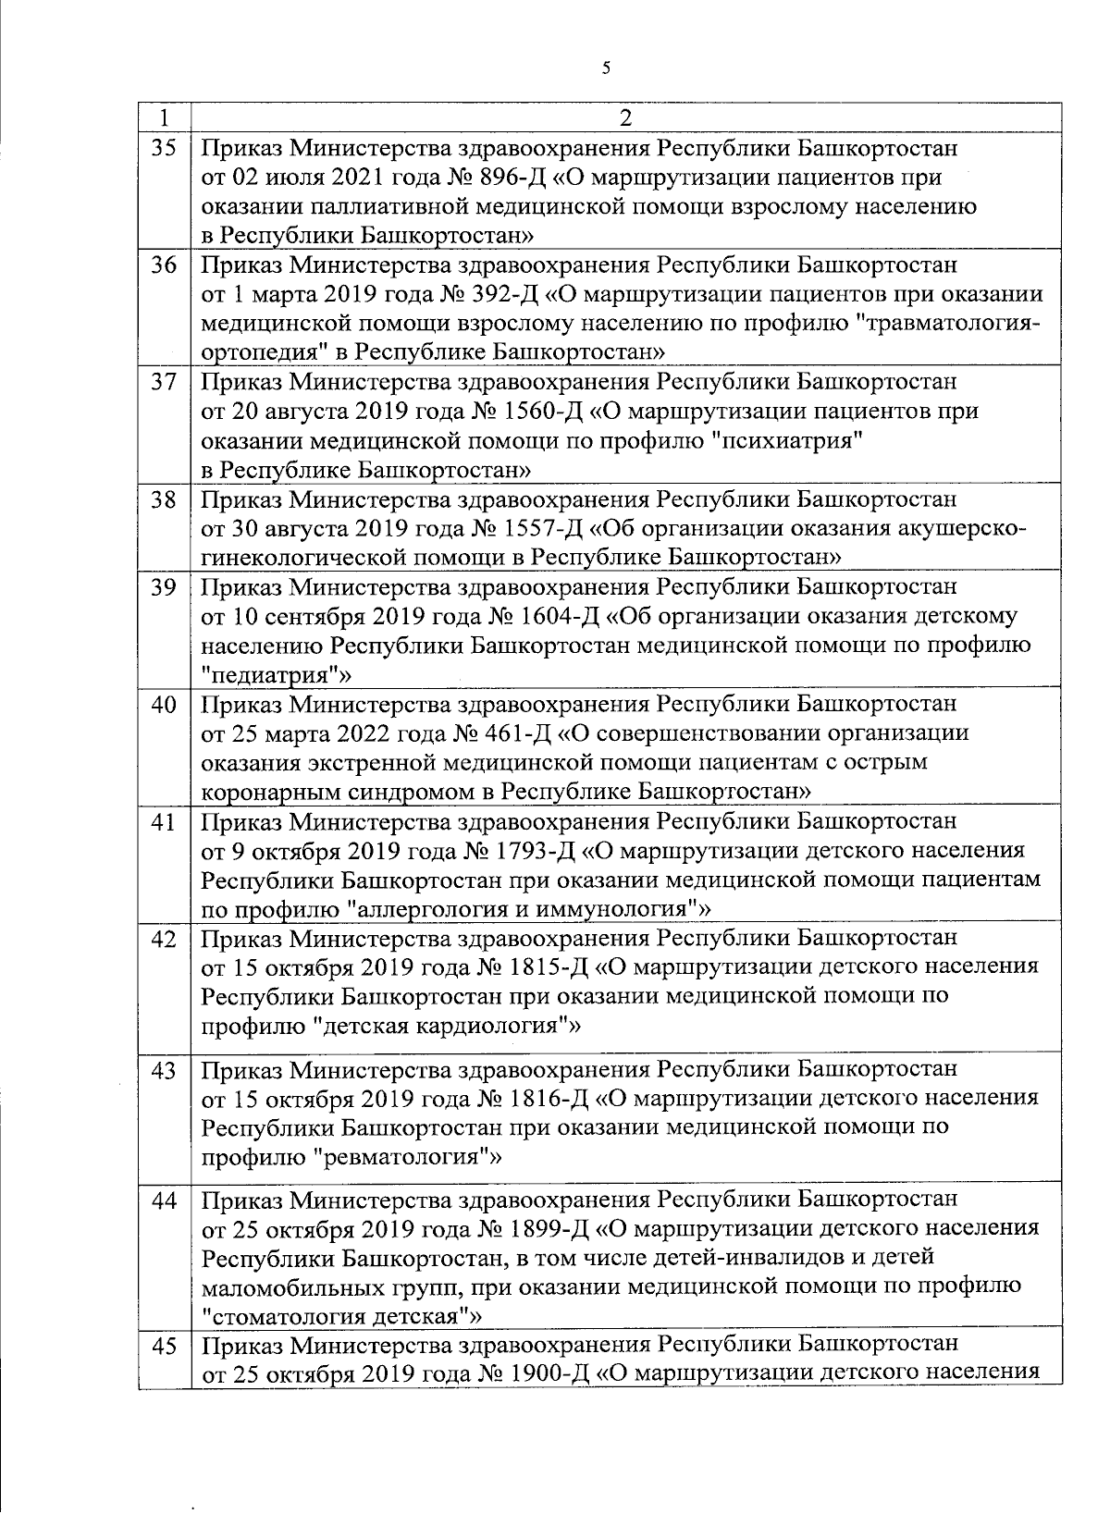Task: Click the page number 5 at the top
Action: (x=606, y=67)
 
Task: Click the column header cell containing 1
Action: (x=164, y=117)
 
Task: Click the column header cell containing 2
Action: (x=625, y=117)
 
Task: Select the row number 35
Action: (x=164, y=148)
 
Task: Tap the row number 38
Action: (x=164, y=499)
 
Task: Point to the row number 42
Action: (x=164, y=938)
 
